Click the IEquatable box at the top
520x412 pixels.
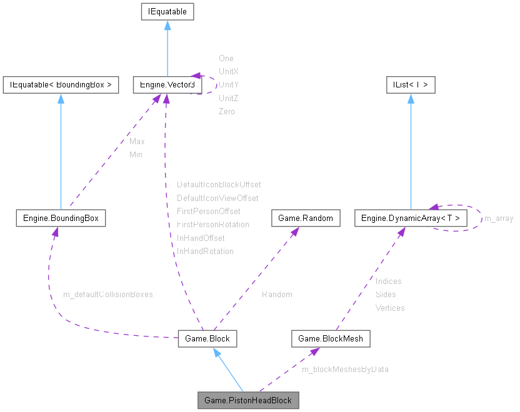pyautogui.click(x=167, y=11)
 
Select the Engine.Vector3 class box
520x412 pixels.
pyautogui.click(x=166, y=85)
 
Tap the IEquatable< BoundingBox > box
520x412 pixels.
pyautogui.click(x=61, y=85)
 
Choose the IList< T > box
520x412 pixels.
pyautogui.click(x=411, y=85)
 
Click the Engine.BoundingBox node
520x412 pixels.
pyautogui.click(x=61, y=218)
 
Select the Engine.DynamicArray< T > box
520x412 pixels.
pyautogui.click(x=410, y=218)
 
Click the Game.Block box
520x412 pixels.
pyautogui.click(x=207, y=338)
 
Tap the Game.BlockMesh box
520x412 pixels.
pyautogui.click(x=331, y=338)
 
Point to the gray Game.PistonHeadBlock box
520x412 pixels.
pyautogui.click(x=247, y=400)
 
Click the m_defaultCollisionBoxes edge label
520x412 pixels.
pyautogui.click(x=108, y=294)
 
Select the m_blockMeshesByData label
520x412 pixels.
pyautogui.click(x=345, y=369)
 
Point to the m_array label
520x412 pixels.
pyautogui.click(x=499, y=218)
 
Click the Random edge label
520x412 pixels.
pyautogui.click(x=277, y=294)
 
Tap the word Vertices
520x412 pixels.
pyautogui.click(x=390, y=308)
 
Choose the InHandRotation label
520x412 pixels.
pyautogui.click(x=205, y=251)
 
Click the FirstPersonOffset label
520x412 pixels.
pyautogui.click(x=208, y=211)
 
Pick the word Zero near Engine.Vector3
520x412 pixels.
pyautogui.click(x=227, y=111)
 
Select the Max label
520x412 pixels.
pyautogui.click(x=137, y=141)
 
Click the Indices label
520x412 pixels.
pyautogui.click(x=388, y=281)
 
